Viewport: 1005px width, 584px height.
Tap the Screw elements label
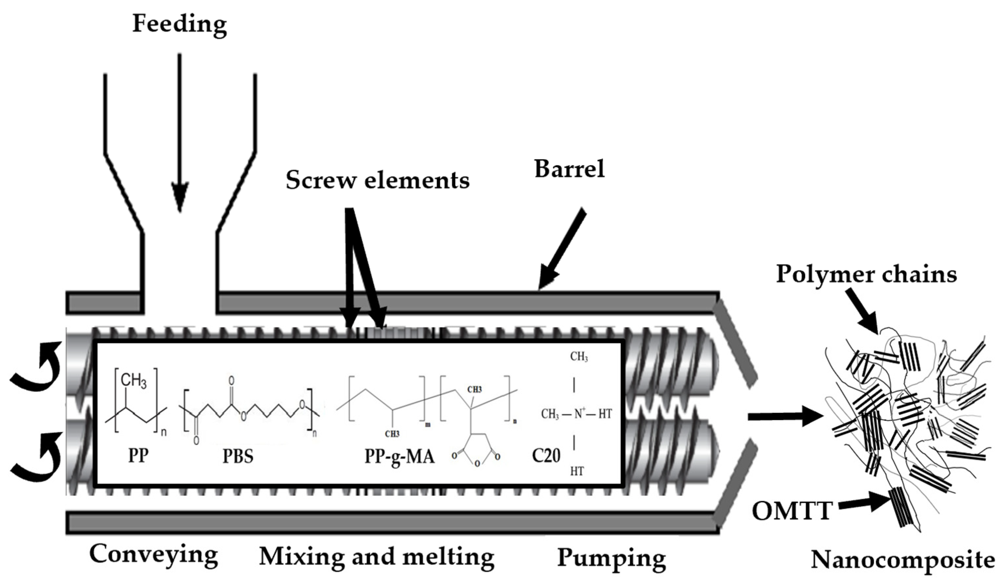377,180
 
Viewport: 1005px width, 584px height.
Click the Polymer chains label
866,275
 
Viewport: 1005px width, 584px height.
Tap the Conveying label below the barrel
154,555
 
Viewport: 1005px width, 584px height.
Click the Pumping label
611,558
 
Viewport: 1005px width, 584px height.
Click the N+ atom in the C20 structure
579,414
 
